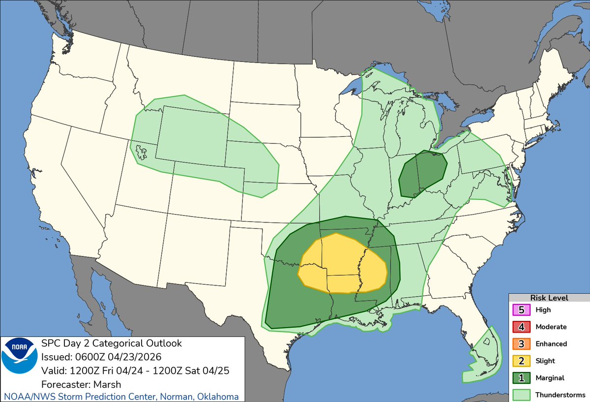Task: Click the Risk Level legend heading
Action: point(549,298)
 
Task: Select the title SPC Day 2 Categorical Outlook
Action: point(111,343)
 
